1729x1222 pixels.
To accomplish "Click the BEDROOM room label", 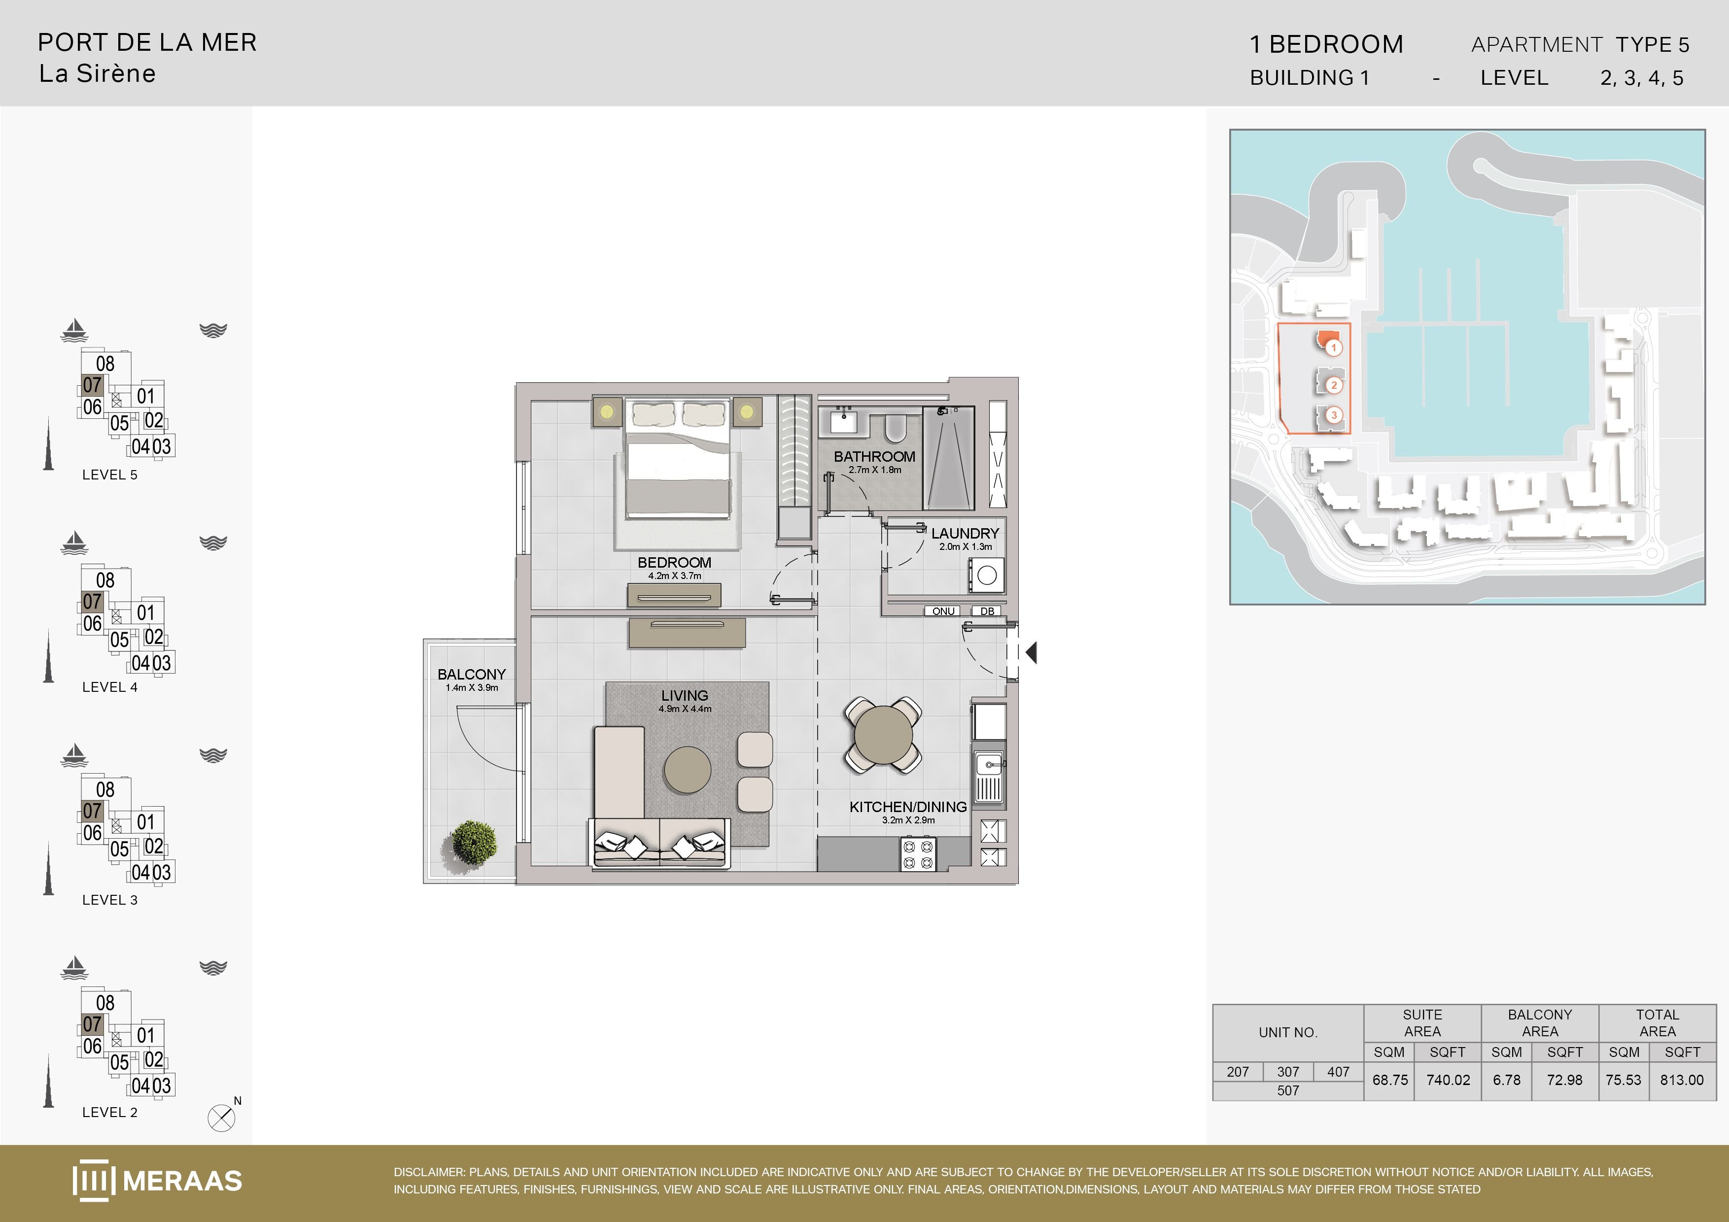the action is [674, 562].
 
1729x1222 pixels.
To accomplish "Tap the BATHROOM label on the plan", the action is [874, 456].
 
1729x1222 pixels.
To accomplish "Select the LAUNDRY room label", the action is [965, 533].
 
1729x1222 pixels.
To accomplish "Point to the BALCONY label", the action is [471, 674].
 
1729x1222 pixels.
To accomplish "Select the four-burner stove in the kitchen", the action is [918, 854].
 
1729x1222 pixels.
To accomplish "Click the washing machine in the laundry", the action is [987, 575].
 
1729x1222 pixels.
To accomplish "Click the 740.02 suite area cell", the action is [1448, 1080].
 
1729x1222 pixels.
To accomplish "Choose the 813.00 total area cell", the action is [1682, 1080].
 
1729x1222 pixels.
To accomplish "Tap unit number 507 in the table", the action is [1288, 1090].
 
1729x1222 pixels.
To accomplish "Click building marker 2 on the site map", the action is [1334, 385].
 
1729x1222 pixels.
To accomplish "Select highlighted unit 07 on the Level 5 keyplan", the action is [92, 385].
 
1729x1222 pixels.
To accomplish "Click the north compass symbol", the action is [221, 1118].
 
